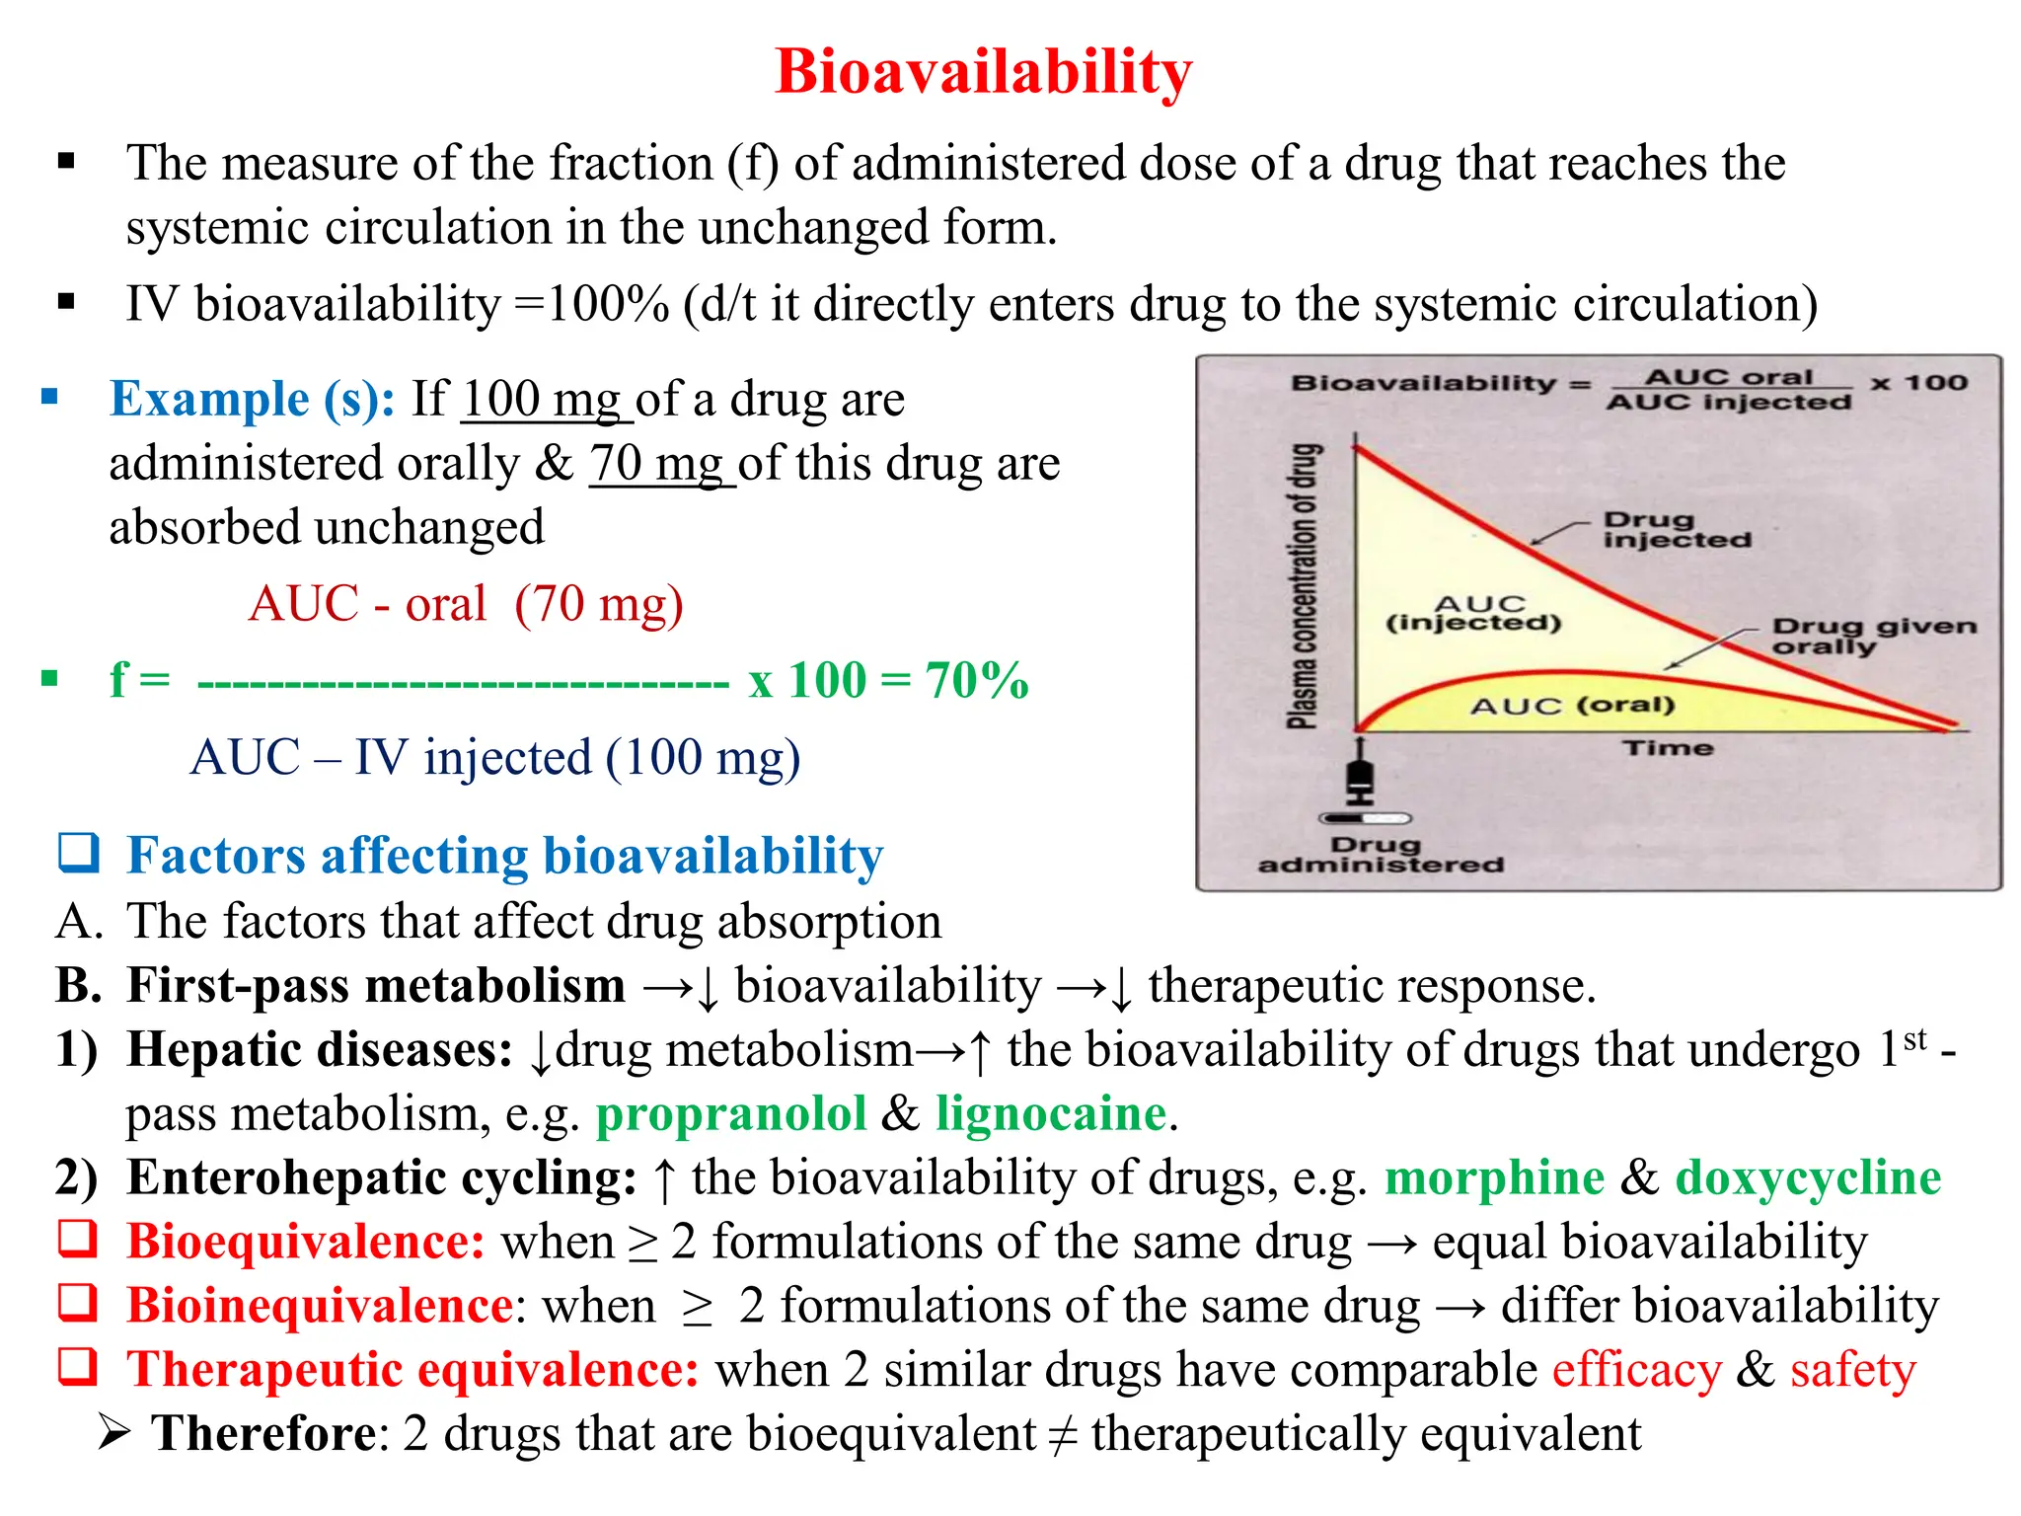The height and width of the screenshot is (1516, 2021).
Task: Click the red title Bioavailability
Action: (984, 72)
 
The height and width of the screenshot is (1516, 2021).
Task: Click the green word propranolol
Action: (731, 1114)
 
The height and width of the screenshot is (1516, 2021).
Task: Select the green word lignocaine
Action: (1051, 1114)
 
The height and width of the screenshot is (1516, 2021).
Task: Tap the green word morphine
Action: (1494, 1178)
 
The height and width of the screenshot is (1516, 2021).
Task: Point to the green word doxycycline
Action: (1808, 1178)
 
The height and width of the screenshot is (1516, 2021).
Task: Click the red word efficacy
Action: (1636, 1371)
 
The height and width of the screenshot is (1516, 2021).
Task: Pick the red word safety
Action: (1852, 1371)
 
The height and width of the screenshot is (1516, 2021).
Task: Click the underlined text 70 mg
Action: (661, 464)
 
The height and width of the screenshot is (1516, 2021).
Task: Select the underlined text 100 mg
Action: (545, 400)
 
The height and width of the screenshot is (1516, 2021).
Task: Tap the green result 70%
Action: (977, 681)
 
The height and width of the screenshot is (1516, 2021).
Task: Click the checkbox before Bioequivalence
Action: (78, 1239)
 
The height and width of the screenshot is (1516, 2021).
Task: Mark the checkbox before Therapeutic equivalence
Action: (78, 1367)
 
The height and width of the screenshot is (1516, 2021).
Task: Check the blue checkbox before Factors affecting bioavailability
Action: (78, 853)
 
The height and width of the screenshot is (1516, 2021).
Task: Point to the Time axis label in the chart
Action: (1668, 748)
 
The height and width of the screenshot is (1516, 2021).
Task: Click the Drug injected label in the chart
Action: (1675, 529)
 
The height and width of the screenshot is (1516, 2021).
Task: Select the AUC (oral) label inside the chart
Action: (1572, 705)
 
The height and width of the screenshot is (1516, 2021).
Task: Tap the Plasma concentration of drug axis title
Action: (1304, 586)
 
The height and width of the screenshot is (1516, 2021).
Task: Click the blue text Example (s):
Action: (252, 400)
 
